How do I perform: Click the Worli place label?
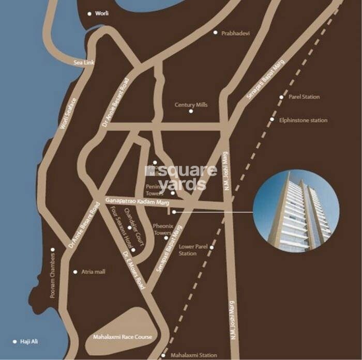[x=102, y=13]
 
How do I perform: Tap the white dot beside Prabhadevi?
[x=216, y=33]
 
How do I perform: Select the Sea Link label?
[x=84, y=62]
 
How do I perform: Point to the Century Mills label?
[x=191, y=105]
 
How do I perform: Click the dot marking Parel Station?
[x=281, y=97]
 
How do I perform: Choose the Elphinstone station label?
[x=303, y=120]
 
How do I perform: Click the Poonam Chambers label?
[x=53, y=274]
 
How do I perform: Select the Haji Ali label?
[x=28, y=341]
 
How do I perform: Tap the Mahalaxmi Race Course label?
[x=122, y=337]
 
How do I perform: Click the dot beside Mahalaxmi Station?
[x=164, y=355]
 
